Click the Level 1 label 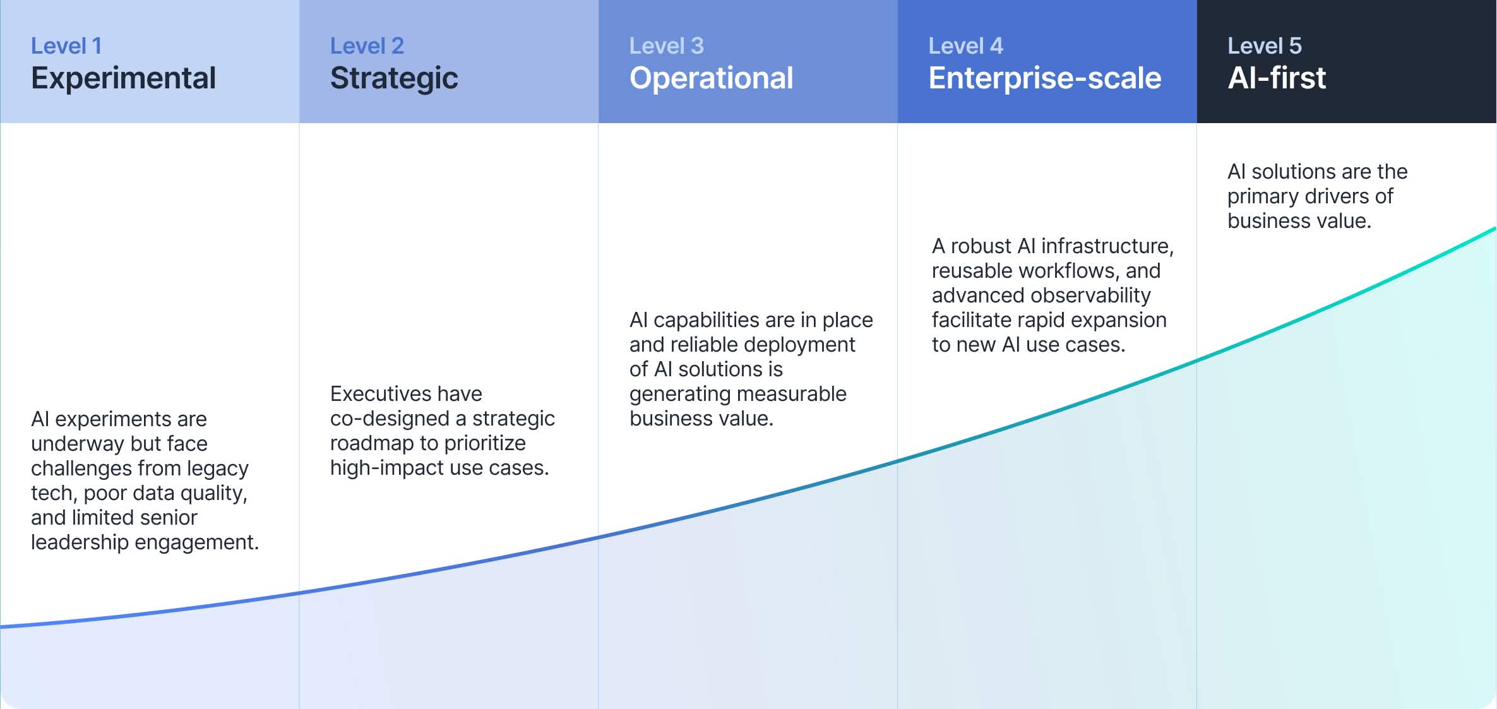coord(66,46)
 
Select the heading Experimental coord(123,78)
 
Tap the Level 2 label coord(367,46)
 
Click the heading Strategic coord(394,78)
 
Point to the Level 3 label coord(666,46)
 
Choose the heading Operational coord(711,78)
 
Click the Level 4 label coord(965,46)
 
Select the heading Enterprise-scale coord(1044,78)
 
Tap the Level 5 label coord(1264,46)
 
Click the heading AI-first coord(1276,78)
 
